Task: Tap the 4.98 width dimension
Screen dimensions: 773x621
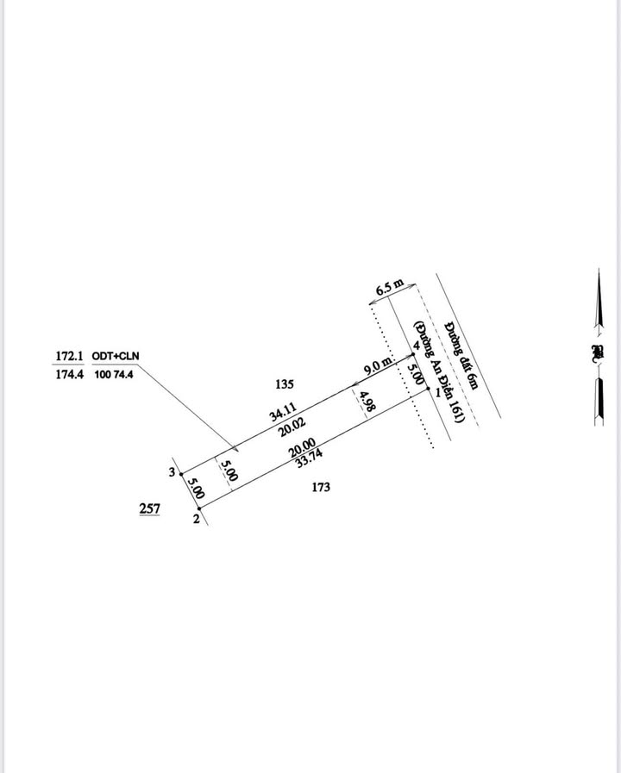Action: pos(367,403)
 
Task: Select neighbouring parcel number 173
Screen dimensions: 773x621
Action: pos(321,488)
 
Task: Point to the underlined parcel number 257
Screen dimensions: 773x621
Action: pos(149,509)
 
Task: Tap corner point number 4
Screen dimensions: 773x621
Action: pos(416,346)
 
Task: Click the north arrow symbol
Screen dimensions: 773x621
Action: pos(596,348)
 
